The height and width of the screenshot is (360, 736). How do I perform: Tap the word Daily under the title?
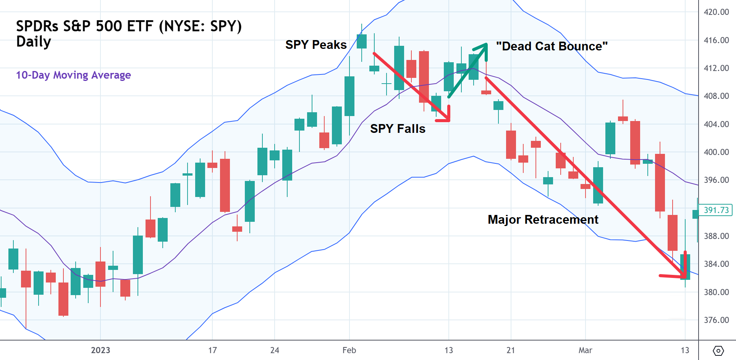[x=34, y=42]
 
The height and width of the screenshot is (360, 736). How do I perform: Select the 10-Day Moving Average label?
[x=73, y=75]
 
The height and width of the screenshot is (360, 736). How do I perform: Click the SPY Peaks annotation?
[x=316, y=45]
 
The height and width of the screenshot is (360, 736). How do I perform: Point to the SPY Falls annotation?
[x=398, y=129]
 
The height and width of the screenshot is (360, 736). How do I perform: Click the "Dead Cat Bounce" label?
[x=552, y=46]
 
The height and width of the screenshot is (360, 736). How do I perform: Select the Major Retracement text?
[x=543, y=220]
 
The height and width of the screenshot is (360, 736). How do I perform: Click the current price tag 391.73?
[x=716, y=210]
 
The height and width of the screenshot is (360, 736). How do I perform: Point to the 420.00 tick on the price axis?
[x=716, y=12]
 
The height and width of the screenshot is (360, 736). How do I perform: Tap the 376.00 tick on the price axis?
[x=716, y=320]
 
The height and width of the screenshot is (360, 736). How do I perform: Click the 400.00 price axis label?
[x=716, y=152]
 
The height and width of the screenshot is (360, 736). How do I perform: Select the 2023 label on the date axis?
[x=100, y=350]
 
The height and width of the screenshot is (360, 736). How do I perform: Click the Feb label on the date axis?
[x=349, y=350]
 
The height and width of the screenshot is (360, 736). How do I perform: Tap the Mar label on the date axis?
[x=585, y=350]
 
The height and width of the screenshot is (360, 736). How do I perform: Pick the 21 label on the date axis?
[x=511, y=350]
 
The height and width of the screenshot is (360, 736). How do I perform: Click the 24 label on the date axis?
[x=275, y=350]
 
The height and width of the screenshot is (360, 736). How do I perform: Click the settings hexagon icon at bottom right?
[x=718, y=350]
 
